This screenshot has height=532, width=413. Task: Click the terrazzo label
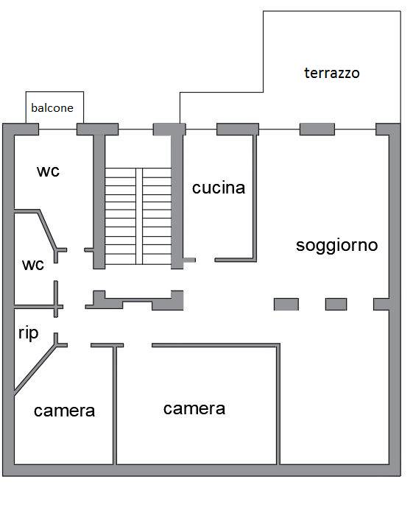(x=331, y=73)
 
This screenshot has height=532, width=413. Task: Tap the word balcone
(x=52, y=108)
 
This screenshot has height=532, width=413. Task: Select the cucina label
(x=219, y=188)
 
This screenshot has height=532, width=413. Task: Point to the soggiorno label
(x=336, y=245)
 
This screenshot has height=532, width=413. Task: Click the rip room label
(x=28, y=333)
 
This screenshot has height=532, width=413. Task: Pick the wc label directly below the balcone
(x=48, y=171)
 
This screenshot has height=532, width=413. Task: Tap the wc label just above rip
(x=33, y=264)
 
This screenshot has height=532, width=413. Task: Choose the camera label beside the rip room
(x=64, y=411)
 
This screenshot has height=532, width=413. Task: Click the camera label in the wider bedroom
(x=194, y=408)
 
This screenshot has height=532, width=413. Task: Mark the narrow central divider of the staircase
(x=139, y=216)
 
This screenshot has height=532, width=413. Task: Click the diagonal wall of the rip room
(x=35, y=370)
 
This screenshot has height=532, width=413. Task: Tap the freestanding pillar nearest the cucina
(x=286, y=305)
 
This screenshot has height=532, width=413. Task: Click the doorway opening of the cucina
(x=205, y=260)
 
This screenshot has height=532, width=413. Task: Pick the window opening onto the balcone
(x=57, y=130)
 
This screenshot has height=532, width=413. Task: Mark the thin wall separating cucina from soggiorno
(x=255, y=197)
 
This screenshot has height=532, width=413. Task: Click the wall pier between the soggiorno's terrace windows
(x=317, y=130)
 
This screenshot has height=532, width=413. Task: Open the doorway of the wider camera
(x=138, y=345)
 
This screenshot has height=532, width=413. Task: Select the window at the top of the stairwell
(x=135, y=130)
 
